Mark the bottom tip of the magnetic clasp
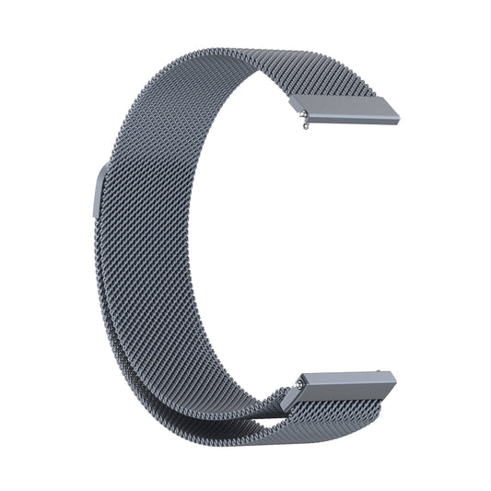(x=95, y=214)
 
